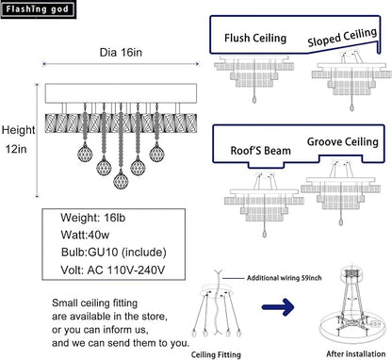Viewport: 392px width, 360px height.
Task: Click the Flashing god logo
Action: coord(39,9)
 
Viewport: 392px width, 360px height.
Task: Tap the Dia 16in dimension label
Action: coord(121,52)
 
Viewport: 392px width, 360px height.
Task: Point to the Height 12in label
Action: coord(18,139)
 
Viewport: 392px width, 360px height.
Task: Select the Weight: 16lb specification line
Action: coord(93,218)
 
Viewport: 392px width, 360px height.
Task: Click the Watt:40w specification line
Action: coord(85,235)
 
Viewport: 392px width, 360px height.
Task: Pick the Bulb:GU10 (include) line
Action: coord(114,253)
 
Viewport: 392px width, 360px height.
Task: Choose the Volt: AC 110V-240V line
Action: coord(113,270)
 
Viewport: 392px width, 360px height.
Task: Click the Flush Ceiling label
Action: coord(255,39)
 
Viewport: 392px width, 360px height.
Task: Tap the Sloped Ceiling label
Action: coord(342,38)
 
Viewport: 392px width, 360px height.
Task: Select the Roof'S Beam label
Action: coord(261,151)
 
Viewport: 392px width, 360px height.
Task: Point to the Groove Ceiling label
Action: coord(343,142)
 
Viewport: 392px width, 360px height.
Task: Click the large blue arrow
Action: coord(278,306)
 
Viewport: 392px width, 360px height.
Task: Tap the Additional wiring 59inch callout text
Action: coord(285,278)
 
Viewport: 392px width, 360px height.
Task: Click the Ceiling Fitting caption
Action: coord(216,354)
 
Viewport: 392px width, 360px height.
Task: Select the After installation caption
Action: coord(355,353)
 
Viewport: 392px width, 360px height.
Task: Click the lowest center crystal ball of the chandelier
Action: coord(121,180)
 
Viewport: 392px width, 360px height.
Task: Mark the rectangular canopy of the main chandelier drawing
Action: coord(121,93)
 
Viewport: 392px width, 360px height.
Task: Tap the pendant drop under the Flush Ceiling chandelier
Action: coord(254,100)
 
